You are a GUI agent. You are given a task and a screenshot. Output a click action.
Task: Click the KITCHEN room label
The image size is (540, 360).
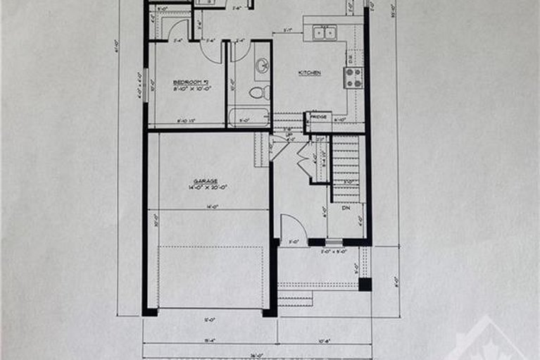click(310, 73)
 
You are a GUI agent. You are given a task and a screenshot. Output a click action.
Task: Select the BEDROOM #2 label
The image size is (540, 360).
click(188, 82)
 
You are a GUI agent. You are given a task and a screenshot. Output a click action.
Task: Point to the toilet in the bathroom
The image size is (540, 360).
click(258, 92)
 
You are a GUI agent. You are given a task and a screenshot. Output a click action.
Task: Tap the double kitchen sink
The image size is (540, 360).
click(325, 32)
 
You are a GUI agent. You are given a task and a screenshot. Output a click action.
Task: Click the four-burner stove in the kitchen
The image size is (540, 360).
click(353, 77)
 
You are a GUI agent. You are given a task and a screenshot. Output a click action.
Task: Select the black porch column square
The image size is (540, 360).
click(365, 284)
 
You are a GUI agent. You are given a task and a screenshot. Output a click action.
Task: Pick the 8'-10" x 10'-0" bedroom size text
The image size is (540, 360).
click(188, 89)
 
